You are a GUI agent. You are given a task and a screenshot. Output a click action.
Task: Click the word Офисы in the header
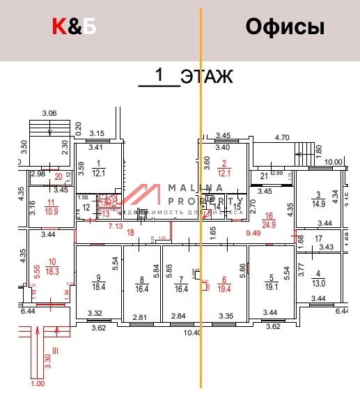[285, 28]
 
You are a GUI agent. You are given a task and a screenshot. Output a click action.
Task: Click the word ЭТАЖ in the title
[206, 77]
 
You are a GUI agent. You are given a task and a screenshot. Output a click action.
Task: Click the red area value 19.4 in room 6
[224, 286]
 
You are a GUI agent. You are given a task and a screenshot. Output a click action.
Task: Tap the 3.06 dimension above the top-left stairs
[49, 113]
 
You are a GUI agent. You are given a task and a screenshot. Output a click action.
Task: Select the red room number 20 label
[58, 176]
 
